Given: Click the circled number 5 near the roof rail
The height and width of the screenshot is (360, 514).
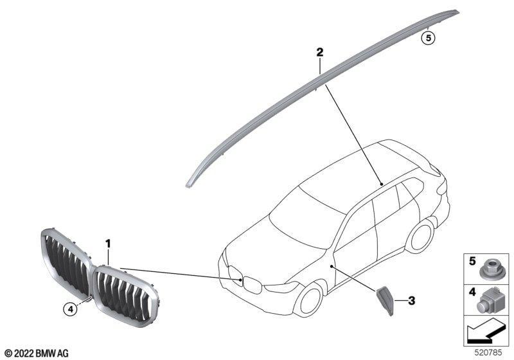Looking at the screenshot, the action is (428, 39).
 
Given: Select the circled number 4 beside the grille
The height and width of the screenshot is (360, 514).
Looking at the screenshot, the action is (70, 309).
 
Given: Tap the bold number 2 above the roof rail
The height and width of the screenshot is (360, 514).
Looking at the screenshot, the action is (319, 52).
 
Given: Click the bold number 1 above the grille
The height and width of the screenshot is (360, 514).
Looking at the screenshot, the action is (108, 244).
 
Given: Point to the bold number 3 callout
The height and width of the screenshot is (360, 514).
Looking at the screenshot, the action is (411, 301).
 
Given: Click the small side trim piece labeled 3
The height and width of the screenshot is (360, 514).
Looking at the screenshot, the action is (385, 300).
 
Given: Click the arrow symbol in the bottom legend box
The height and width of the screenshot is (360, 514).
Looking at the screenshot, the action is (484, 332).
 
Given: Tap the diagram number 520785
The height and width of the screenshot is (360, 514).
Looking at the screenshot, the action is (488, 353).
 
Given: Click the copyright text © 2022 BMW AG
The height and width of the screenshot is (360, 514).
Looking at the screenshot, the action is (37, 354).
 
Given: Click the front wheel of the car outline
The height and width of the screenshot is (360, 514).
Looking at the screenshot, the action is (309, 301).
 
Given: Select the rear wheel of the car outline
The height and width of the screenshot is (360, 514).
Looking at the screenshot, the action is (421, 235).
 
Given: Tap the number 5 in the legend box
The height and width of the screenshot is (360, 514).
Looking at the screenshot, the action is (472, 261).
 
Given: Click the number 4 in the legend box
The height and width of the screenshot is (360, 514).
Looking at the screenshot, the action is (472, 291).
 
